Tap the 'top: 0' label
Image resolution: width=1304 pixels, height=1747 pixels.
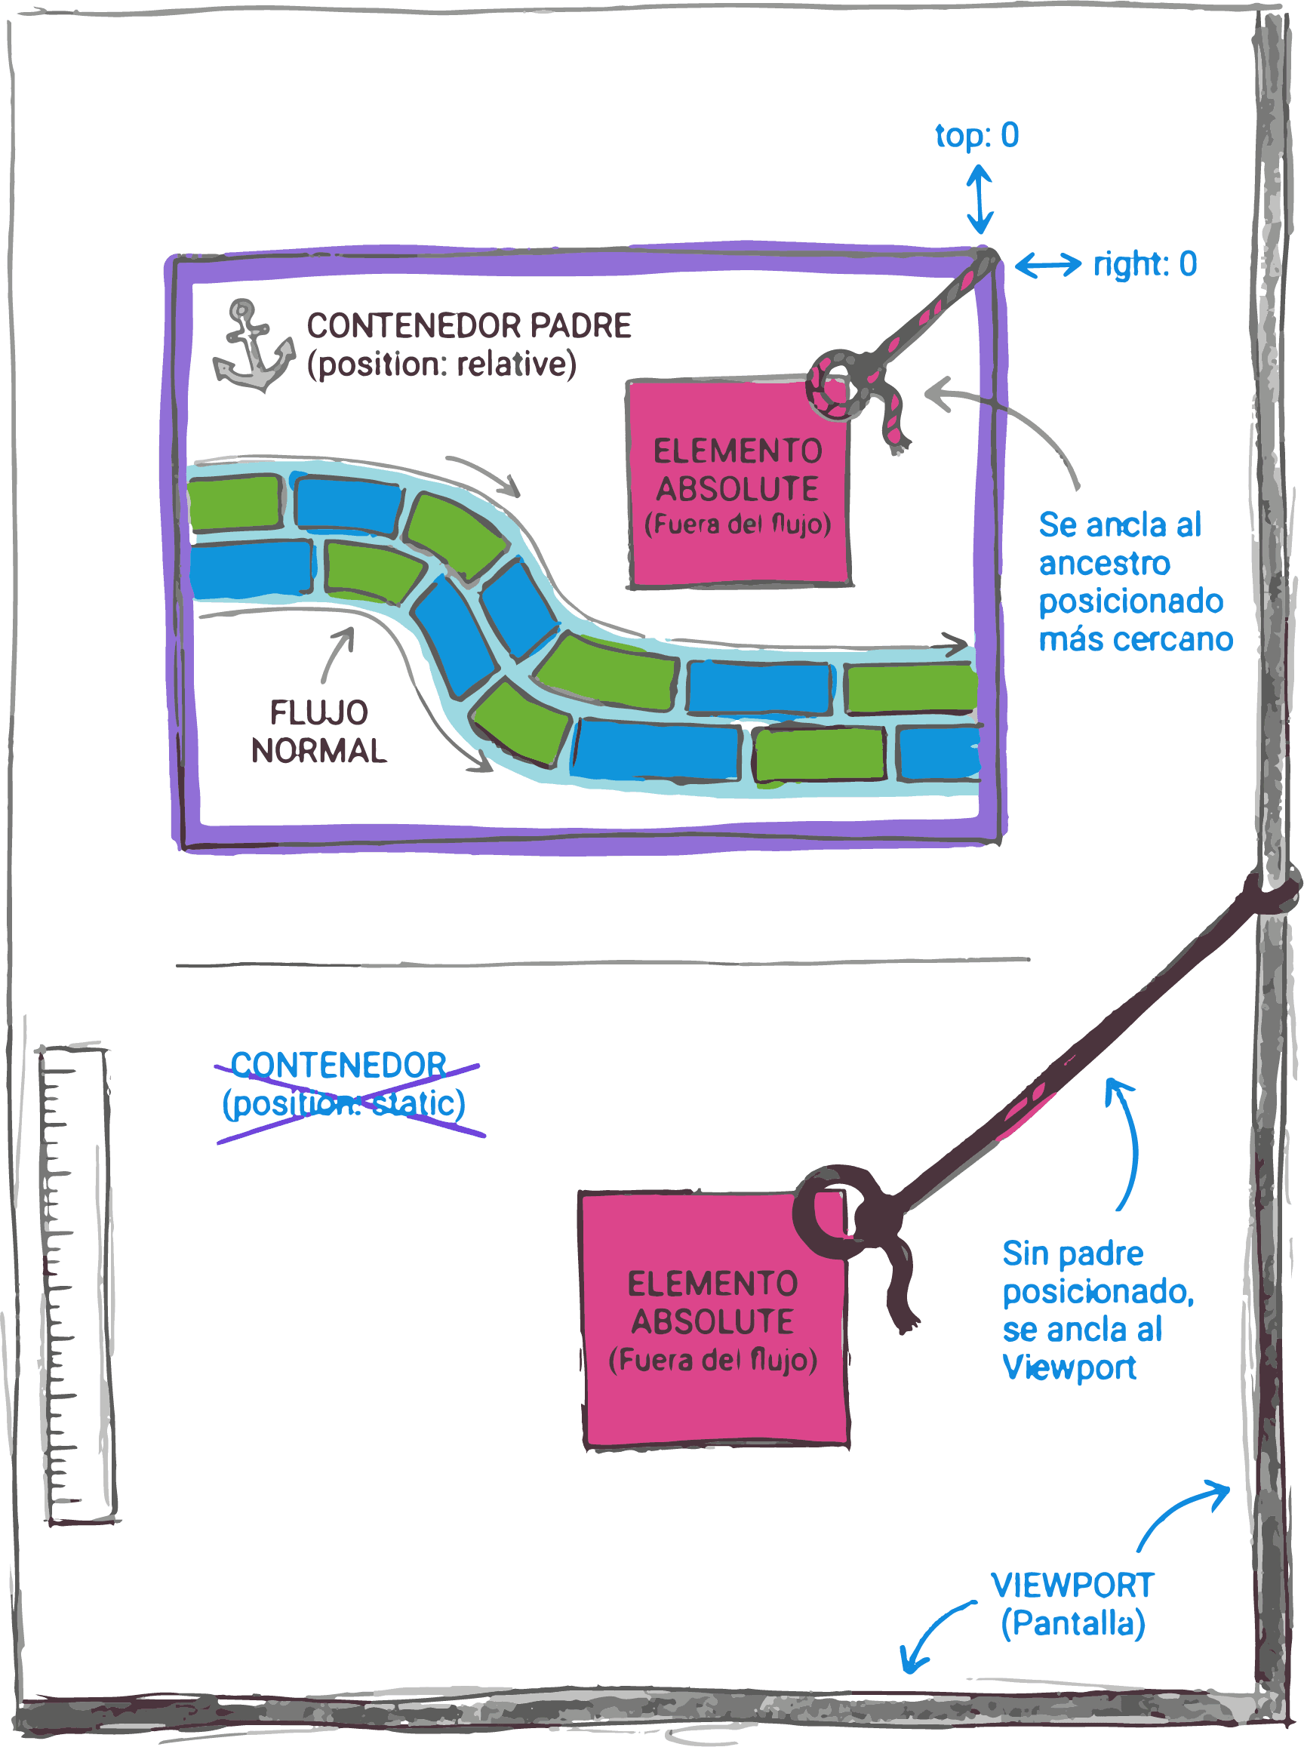click(976, 135)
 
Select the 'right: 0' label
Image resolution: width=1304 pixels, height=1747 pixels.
click(1145, 263)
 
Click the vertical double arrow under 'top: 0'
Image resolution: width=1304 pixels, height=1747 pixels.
click(980, 199)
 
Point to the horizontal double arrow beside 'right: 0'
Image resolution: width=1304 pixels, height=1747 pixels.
click(1047, 264)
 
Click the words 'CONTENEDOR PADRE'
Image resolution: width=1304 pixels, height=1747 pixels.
click(469, 326)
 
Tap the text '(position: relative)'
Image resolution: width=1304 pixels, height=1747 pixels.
click(442, 364)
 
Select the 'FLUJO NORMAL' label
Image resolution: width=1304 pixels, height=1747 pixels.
click(319, 732)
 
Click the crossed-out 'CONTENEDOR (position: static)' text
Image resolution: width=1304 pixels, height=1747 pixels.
click(344, 1084)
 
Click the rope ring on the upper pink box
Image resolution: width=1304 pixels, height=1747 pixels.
click(835, 385)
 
